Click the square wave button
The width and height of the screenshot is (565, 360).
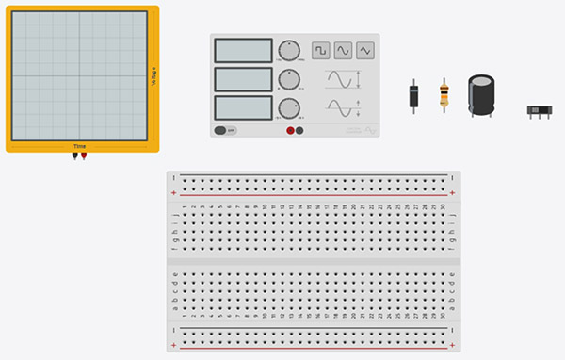[x=321, y=50]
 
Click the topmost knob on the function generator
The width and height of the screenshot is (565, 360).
[x=290, y=50]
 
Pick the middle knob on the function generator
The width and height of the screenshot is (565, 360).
[x=290, y=78]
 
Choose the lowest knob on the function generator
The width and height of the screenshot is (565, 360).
[x=290, y=107]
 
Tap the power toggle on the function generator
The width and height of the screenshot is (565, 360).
[x=225, y=130]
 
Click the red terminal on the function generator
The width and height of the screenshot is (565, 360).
[x=290, y=130]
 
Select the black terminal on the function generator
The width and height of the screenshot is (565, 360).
[x=299, y=130]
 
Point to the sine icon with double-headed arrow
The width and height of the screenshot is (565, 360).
[x=343, y=79]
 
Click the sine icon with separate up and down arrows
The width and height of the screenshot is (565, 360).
[x=343, y=107]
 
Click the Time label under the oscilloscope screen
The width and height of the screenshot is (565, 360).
[x=80, y=147]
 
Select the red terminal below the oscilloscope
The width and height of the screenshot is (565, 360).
[x=84, y=156]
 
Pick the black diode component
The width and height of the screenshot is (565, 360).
[x=413, y=97]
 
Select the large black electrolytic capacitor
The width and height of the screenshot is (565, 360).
[x=483, y=94]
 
